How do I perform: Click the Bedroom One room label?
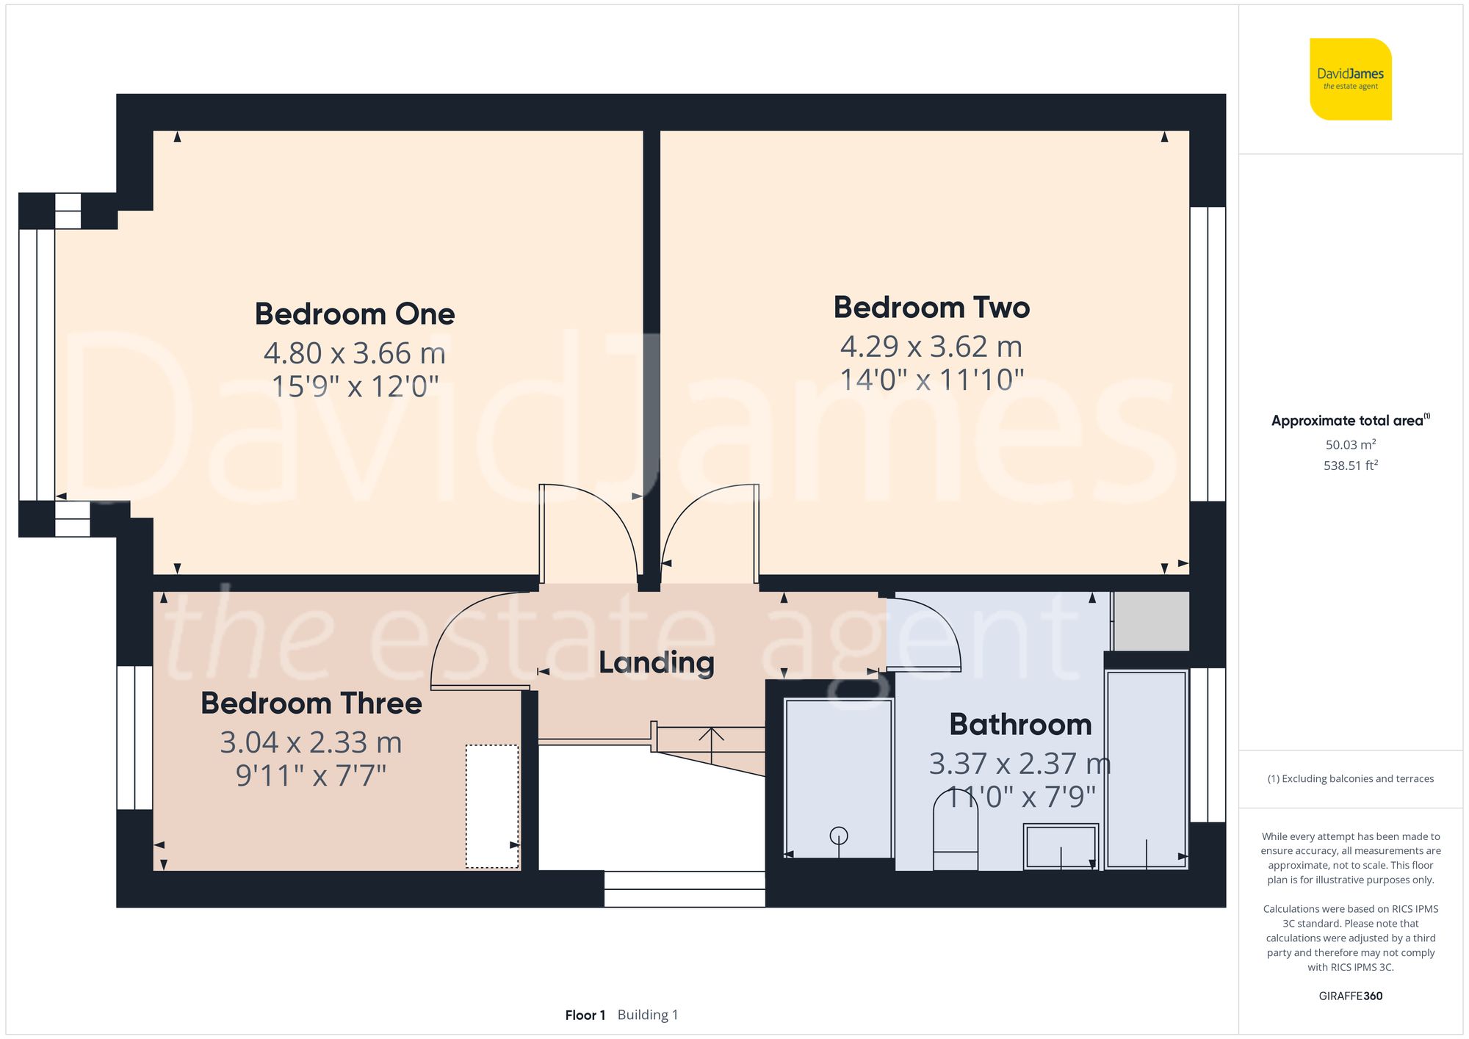click(x=355, y=314)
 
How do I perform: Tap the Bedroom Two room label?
click(x=931, y=308)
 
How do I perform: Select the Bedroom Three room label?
click(x=311, y=703)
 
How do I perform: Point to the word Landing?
click(x=656, y=663)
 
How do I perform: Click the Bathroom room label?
click(x=1020, y=725)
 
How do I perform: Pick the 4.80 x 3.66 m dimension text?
click(x=355, y=353)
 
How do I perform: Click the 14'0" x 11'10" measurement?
click(x=931, y=380)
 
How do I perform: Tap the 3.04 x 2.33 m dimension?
click(x=311, y=742)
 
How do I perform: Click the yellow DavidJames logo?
click(x=1350, y=79)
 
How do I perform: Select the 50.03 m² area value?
click(x=1350, y=444)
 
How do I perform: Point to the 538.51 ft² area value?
click(x=1350, y=466)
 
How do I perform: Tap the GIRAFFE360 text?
click(x=1350, y=996)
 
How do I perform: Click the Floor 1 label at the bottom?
click(x=585, y=1015)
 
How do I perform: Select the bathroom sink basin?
click(x=1061, y=846)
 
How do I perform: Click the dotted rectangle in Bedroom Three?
click(x=492, y=806)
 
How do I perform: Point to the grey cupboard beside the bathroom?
click(x=1151, y=621)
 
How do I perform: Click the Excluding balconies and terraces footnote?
click(x=1350, y=778)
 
